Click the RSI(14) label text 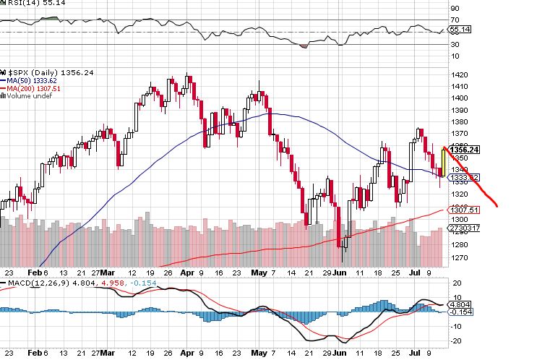pyautogui.click(x=22, y=4)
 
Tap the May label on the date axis pyautogui.click(x=257, y=275)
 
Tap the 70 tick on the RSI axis pyautogui.click(x=455, y=20)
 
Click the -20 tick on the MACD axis pyautogui.click(x=456, y=340)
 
